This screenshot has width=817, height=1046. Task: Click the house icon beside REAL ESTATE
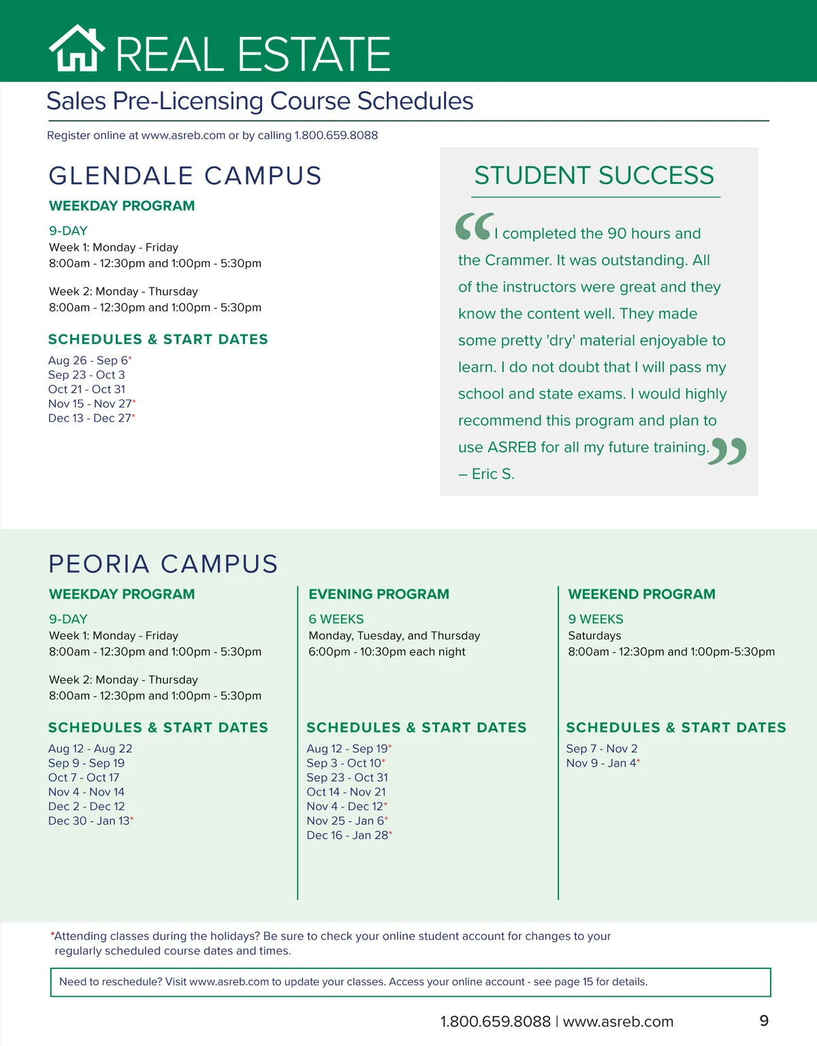[x=77, y=48]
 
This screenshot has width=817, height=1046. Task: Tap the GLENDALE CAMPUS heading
[x=185, y=176]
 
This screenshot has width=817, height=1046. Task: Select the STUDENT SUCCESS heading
[x=594, y=176]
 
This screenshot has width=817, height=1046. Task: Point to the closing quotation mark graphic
[x=728, y=451]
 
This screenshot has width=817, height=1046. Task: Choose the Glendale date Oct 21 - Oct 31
[x=86, y=389]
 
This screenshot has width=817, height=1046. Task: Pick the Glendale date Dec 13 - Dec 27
[x=89, y=418]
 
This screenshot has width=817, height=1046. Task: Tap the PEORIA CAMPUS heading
[x=163, y=564]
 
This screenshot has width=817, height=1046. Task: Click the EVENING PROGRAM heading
[x=379, y=594]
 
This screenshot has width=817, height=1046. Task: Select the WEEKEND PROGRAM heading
[x=641, y=594]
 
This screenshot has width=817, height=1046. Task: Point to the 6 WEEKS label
[x=336, y=619]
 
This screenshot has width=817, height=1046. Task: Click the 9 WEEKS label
[x=596, y=619]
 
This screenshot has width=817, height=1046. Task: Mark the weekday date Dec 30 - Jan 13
[x=89, y=821]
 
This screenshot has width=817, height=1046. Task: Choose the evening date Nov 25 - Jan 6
[x=345, y=821]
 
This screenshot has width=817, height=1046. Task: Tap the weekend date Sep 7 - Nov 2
[x=602, y=749]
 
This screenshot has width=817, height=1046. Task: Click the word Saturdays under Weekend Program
[x=594, y=636]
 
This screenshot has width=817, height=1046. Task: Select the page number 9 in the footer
[x=764, y=1021]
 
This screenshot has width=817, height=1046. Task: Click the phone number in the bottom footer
[x=495, y=1021]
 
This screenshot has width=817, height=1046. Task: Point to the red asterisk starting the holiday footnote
[x=52, y=934]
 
